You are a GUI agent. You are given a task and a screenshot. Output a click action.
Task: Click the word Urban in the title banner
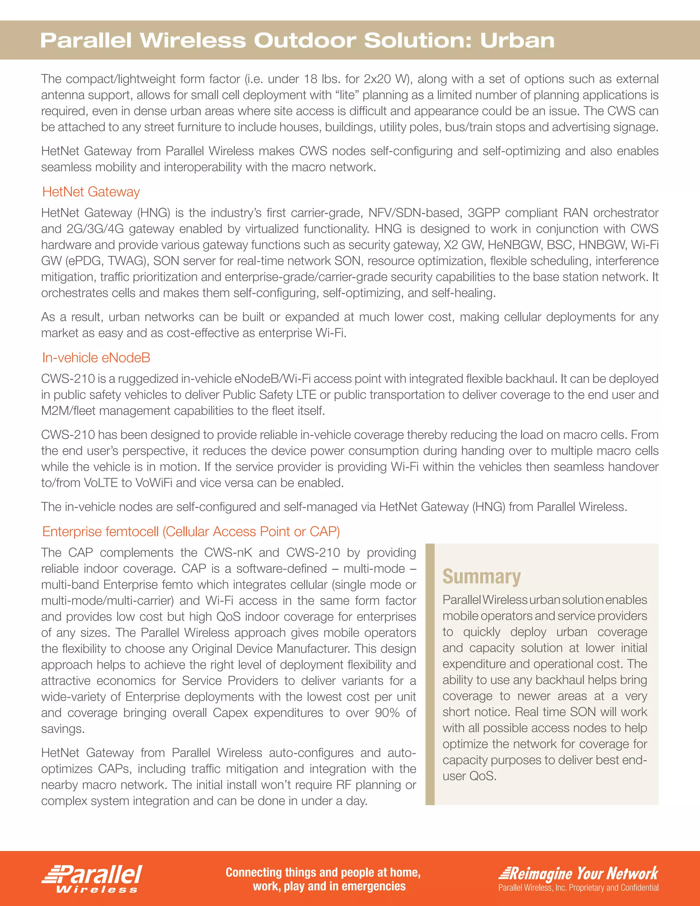pos(517,41)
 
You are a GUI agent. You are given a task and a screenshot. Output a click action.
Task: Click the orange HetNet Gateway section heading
pos(91,192)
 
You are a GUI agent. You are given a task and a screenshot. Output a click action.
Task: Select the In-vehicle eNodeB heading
pos(96,358)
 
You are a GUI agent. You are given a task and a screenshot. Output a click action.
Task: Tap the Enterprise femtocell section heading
pos(191,531)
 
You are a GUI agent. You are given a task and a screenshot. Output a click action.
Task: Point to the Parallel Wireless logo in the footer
pos(92,878)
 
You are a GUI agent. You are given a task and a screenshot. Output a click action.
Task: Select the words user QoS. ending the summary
pos(469,776)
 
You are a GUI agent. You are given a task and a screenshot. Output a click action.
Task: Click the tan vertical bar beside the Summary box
pos(430,674)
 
